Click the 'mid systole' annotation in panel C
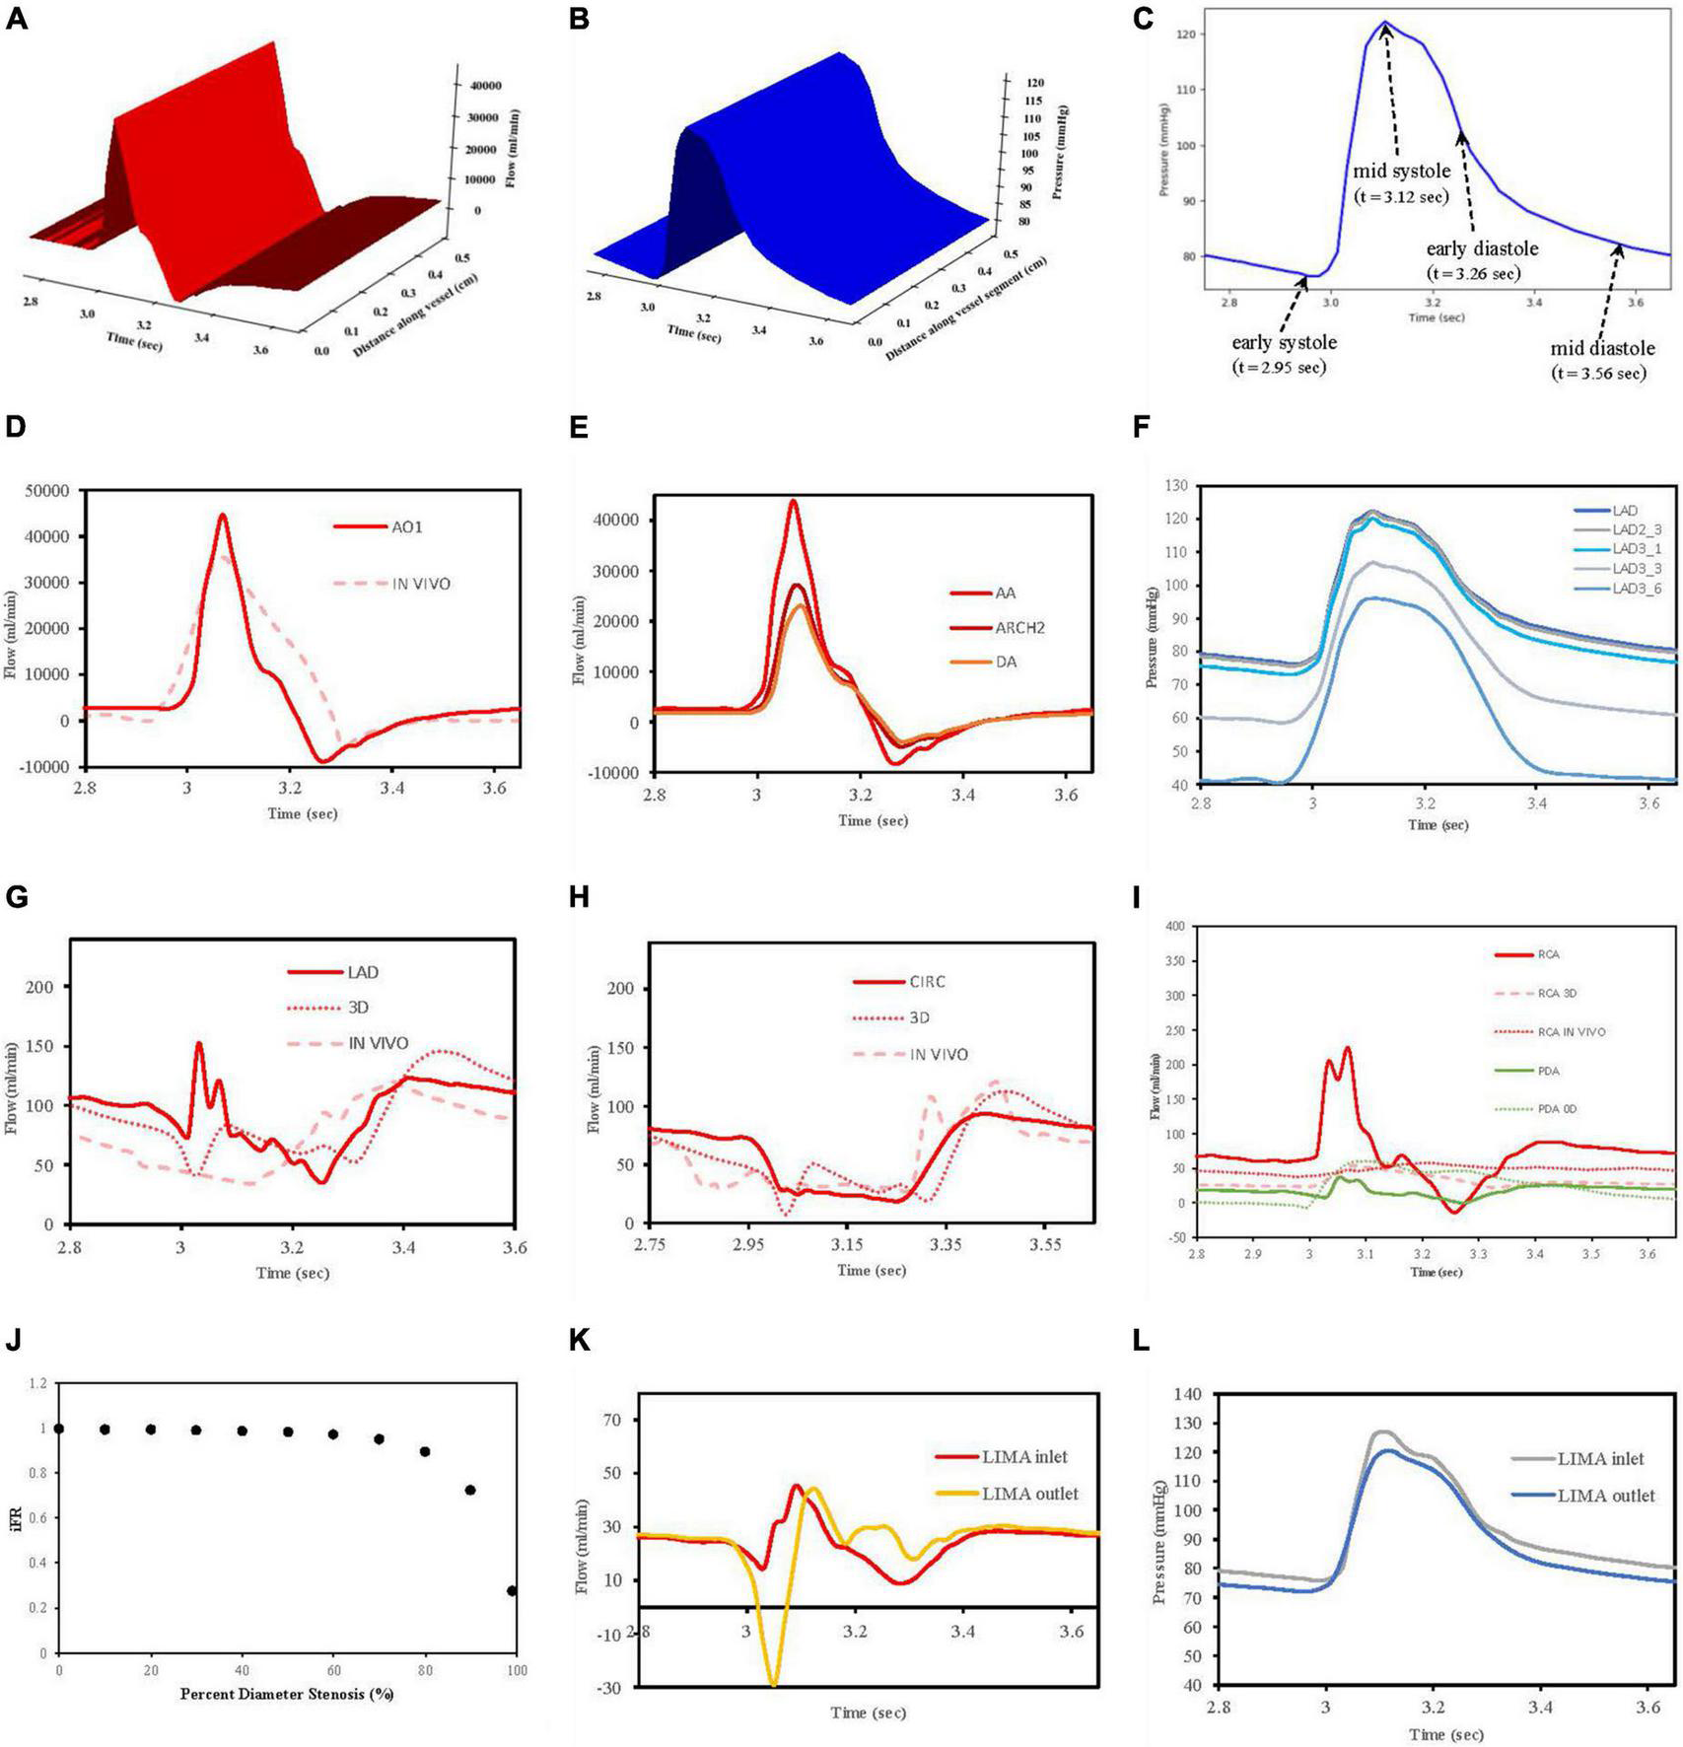click(1401, 172)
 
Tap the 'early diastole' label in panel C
click(1482, 248)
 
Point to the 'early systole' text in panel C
click(1284, 342)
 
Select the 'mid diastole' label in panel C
click(1602, 348)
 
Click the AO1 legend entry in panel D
click(406, 526)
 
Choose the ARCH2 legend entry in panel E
click(1018, 627)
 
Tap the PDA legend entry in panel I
click(1548, 1071)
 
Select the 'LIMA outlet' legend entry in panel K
click(1029, 1494)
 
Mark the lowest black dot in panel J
click(512, 1591)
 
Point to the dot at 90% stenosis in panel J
click(470, 1490)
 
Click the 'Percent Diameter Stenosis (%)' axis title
click(287, 1694)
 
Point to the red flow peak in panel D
click(223, 515)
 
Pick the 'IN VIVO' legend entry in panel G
click(378, 1043)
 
